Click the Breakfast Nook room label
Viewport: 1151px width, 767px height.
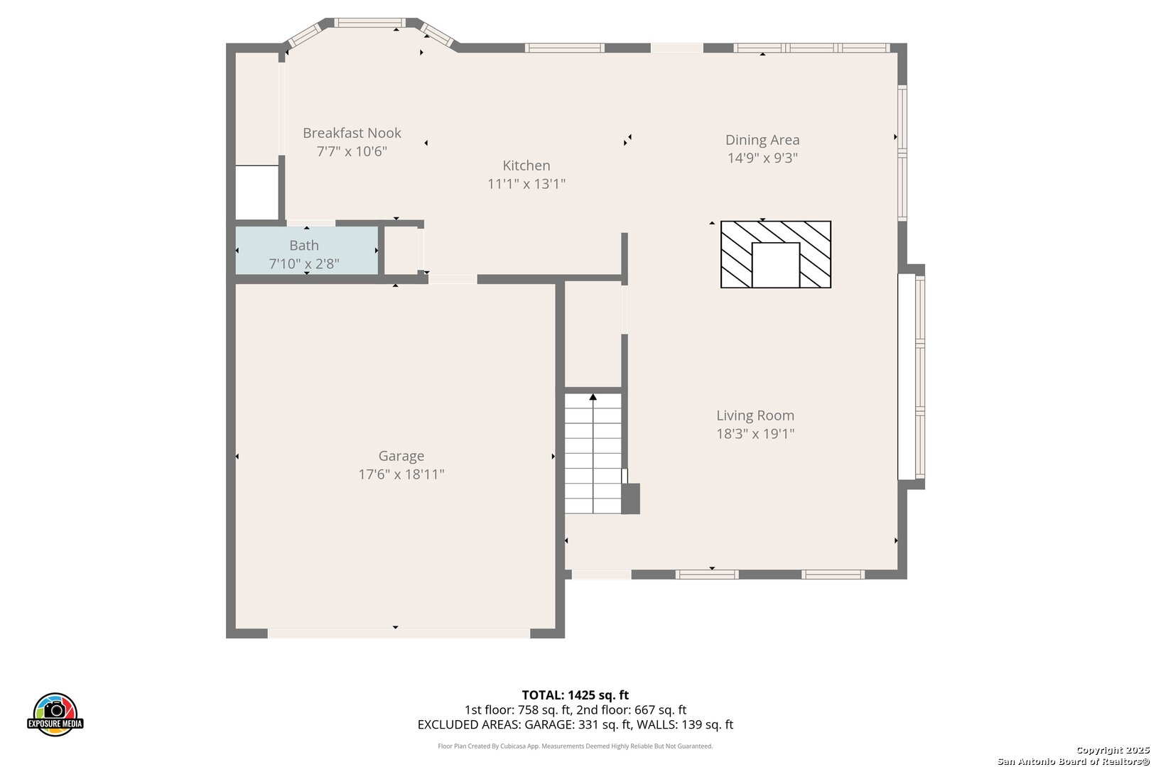(x=352, y=133)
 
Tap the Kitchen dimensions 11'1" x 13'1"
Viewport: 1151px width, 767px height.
(x=526, y=184)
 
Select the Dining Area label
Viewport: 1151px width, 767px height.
(x=762, y=140)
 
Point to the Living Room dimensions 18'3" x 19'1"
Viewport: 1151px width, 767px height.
(x=755, y=434)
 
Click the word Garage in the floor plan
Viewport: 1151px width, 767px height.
(x=401, y=456)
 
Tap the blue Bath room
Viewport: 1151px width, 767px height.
(x=307, y=250)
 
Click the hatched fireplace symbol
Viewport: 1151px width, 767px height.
(x=775, y=254)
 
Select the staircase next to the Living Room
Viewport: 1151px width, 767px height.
(x=593, y=454)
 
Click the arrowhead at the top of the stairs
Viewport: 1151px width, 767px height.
(x=593, y=396)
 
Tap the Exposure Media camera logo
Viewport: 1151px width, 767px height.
(x=55, y=714)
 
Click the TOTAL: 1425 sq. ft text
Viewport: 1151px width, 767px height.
(x=575, y=695)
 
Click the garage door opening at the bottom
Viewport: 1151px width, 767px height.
(x=399, y=634)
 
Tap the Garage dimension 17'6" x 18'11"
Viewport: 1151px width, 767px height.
(x=401, y=474)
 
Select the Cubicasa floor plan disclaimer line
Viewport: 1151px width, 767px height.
(x=575, y=746)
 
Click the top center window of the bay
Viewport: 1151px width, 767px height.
(x=369, y=23)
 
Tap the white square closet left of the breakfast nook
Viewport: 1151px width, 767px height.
(x=257, y=192)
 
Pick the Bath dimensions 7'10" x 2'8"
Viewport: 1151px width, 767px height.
(x=304, y=264)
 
